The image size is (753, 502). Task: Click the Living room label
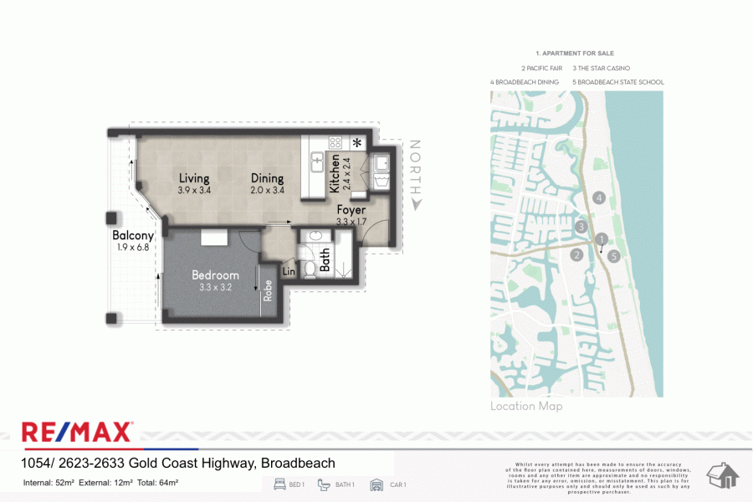(x=194, y=178)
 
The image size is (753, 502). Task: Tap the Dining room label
(x=267, y=178)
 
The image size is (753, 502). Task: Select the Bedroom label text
(x=215, y=275)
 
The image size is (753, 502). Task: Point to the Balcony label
(x=133, y=236)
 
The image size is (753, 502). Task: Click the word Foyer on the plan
(x=351, y=211)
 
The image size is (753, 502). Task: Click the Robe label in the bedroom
(x=268, y=289)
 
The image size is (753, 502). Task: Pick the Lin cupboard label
(x=289, y=272)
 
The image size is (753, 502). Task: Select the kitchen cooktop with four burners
(x=336, y=142)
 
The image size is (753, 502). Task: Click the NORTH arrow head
(x=416, y=203)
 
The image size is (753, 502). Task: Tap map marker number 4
(x=598, y=197)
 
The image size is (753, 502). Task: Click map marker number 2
(x=576, y=255)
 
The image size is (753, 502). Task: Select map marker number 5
(x=614, y=256)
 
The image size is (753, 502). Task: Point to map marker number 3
(x=581, y=227)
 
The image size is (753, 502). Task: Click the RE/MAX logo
(x=77, y=433)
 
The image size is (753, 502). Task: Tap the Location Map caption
(x=526, y=407)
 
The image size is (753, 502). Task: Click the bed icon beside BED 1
(x=279, y=484)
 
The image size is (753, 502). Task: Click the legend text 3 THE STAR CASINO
(x=601, y=68)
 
